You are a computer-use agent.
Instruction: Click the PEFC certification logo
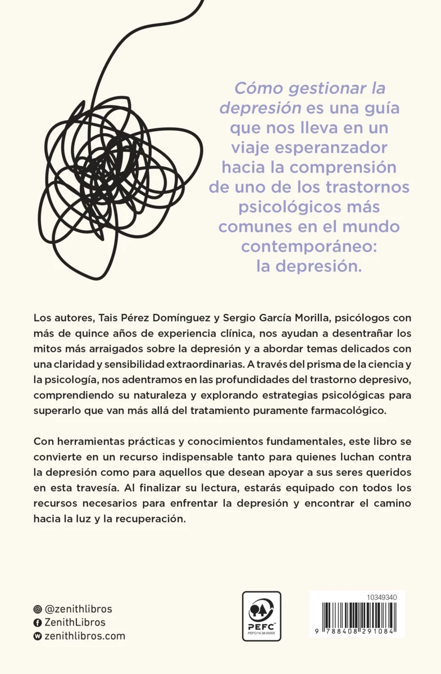261,616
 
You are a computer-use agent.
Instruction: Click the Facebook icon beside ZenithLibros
38,623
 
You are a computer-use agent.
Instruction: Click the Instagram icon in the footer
38,609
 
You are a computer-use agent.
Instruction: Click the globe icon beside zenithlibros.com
38,636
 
